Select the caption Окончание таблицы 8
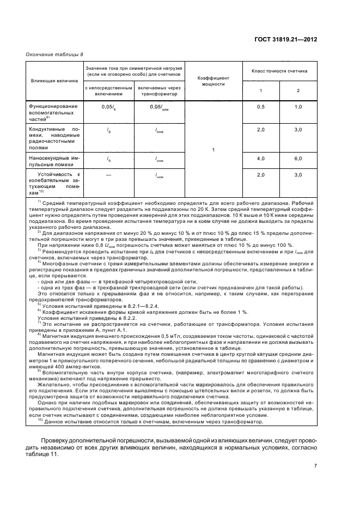pyautogui.click(x=52, y=54)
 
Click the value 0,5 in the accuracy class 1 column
pyautogui.click(x=260, y=107)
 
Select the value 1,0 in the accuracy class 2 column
pyautogui.click(x=298, y=107)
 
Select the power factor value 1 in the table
pyautogui.click(x=213, y=149)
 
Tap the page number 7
pyautogui.click(x=315, y=465)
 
